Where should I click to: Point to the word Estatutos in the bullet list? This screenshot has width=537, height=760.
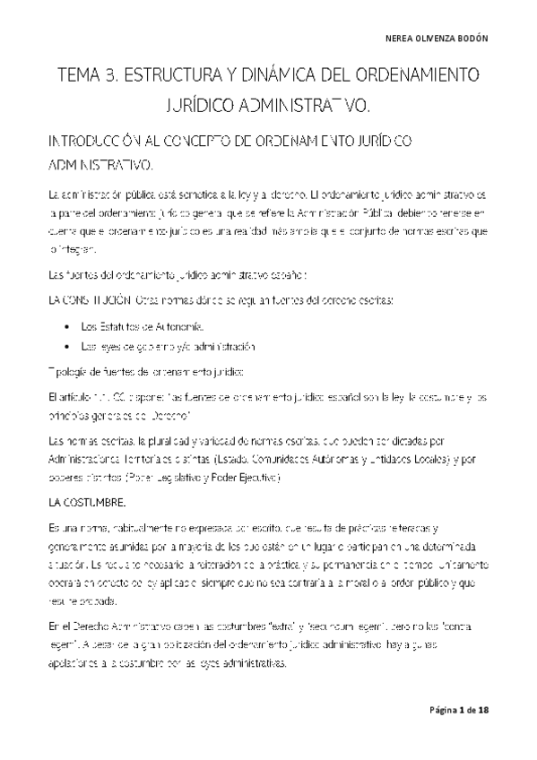tap(119, 327)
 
